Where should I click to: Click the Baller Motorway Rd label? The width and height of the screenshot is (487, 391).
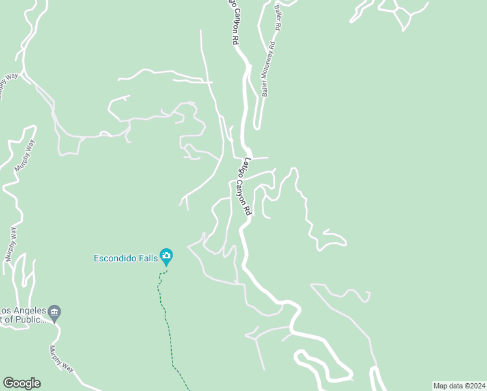[268, 70]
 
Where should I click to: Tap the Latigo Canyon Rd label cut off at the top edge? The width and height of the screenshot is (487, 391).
[232, 21]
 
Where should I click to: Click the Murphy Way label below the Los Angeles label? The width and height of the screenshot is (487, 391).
[61, 358]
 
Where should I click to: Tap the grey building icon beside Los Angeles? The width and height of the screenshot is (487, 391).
[55, 311]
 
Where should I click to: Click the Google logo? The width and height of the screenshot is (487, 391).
[21, 383]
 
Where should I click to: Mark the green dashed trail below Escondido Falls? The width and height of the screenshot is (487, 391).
[168, 326]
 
